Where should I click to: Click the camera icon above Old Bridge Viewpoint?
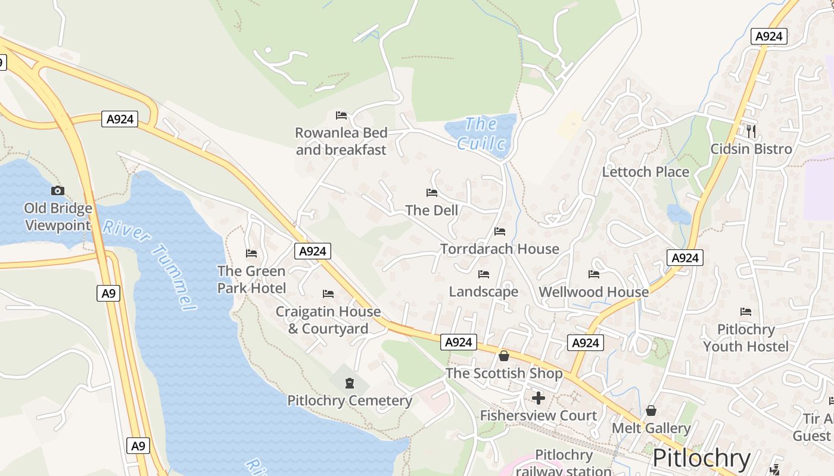[x=58, y=190]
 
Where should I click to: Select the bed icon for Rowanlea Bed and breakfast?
[x=341, y=115]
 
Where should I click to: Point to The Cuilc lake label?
[x=481, y=134]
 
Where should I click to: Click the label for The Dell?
[x=432, y=210]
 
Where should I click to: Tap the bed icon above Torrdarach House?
[x=500, y=231]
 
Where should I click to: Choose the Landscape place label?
[x=483, y=292]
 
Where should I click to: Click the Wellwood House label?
[x=593, y=292]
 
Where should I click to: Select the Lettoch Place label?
[x=645, y=172]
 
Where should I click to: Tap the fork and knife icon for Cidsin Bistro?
[x=751, y=131]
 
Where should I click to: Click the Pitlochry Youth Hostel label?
[x=746, y=338]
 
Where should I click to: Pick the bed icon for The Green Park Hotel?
[x=251, y=253]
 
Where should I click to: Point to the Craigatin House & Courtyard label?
[x=328, y=320]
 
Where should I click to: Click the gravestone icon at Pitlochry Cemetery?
[x=350, y=383]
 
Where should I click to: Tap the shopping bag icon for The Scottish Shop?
[x=504, y=356]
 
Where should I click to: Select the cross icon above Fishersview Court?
[x=539, y=398]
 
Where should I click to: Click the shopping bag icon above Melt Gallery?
[x=651, y=411]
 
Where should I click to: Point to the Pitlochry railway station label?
[x=563, y=463]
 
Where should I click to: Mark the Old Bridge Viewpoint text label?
[x=58, y=217]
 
